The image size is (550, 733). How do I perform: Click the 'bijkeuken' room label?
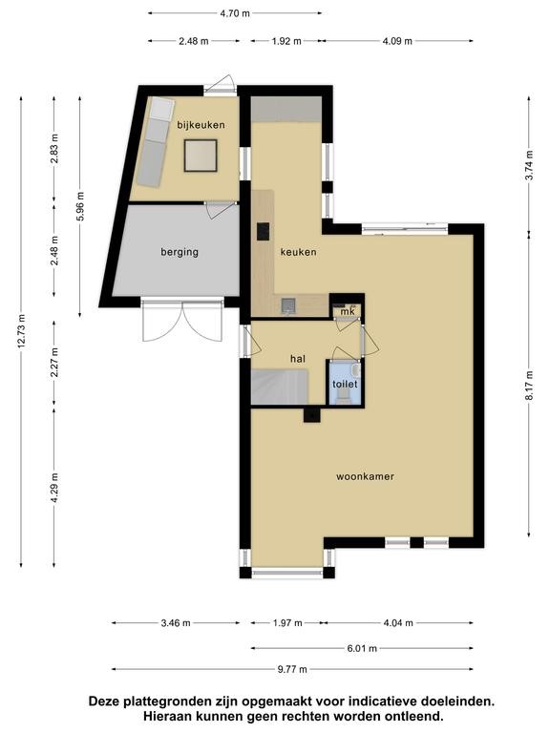point(201,125)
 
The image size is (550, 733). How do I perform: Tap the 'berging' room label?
point(180,252)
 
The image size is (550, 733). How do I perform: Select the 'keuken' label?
point(298,252)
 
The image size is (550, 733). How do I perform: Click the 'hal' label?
point(298,359)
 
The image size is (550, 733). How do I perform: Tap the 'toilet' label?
point(345,384)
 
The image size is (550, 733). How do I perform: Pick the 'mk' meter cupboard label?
point(348,311)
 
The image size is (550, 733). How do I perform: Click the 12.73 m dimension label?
point(22,331)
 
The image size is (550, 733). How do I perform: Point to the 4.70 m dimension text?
point(235,13)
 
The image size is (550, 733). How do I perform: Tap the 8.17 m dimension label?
point(529,386)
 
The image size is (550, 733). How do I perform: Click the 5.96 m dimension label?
point(80,206)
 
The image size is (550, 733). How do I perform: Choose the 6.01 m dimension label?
point(362,648)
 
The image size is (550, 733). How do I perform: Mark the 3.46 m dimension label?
point(176,622)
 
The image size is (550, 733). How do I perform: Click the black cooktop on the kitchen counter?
point(264,232)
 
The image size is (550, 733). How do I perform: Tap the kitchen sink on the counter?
point(288,305)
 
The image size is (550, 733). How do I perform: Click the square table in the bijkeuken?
point(201,156)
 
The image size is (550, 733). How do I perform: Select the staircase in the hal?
point(280,387)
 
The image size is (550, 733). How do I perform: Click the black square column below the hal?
point(312,414)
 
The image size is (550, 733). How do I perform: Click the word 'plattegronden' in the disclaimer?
point(159,702)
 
